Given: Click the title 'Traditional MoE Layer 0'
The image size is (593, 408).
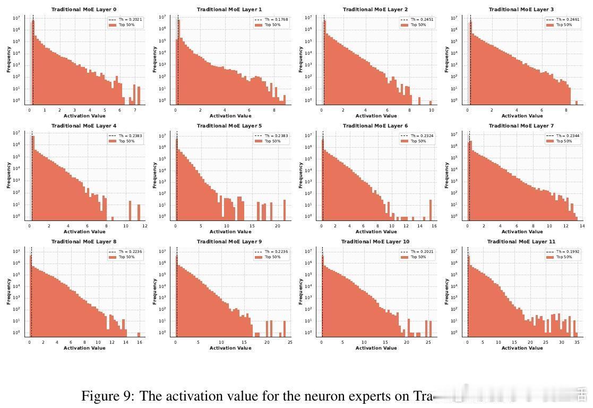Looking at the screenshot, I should click(84, 10).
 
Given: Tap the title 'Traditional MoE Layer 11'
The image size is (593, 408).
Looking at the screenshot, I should click(521, 242).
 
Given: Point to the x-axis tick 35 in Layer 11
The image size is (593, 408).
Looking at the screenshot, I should click(577, 343).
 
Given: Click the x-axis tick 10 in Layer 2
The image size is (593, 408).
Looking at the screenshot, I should click(431, 110).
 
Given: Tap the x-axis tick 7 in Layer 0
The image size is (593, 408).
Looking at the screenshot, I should click(135, 110).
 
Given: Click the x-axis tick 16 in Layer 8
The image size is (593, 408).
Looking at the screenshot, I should click(139, 343).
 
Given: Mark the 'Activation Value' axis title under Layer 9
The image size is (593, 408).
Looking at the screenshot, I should click(230, 348).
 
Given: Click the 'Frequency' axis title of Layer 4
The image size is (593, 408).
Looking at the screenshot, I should click(8, 175).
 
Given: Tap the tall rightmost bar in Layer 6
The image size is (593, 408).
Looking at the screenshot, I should click(431, 209).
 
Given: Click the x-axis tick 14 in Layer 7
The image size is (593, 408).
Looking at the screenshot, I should click(582, 226).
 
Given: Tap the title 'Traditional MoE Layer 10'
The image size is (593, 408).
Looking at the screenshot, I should click(375, 242).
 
